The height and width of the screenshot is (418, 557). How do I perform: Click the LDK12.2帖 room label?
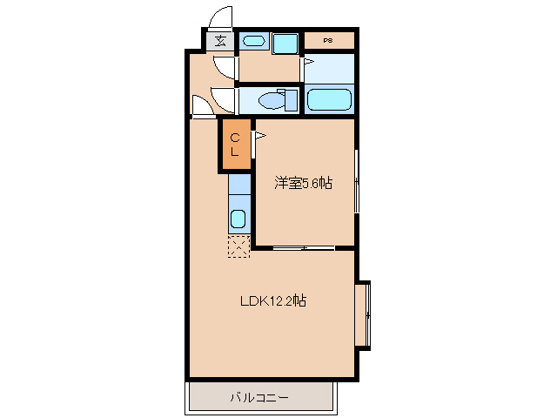[272, 301]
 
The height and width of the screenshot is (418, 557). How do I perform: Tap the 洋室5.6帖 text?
[304, 183]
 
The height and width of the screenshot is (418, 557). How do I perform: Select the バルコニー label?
[259, 398]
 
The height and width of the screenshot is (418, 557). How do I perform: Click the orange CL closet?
[235, 144]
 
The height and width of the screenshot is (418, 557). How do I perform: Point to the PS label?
[328, 40]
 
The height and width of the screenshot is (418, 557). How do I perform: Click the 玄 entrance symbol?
[221, 40]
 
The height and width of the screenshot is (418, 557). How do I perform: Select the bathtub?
[329, 99]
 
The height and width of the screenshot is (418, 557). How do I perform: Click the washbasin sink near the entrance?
[253, 41]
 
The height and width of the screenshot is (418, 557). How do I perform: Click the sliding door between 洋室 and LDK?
[303, 249]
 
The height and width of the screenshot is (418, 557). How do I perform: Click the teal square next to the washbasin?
[285, 43]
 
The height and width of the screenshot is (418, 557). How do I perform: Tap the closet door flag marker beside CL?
[258, 136]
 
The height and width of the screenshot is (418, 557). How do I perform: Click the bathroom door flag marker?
[306, 63]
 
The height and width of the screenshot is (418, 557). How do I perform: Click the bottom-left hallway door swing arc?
[202, 106]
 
